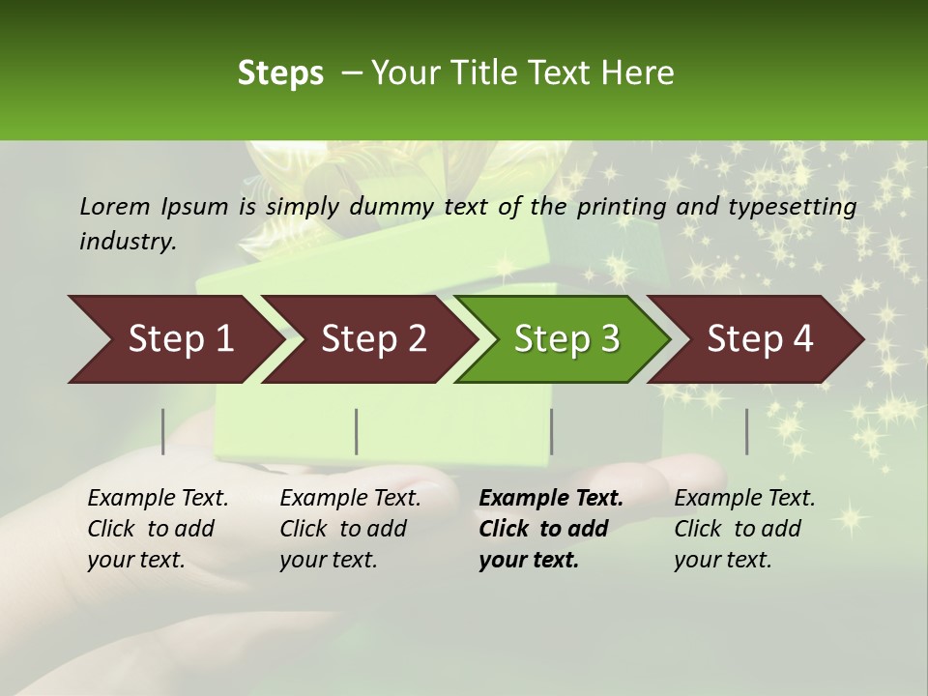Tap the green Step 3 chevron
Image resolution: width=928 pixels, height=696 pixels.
(566, 339)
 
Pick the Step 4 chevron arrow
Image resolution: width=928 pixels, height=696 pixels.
(760, 339)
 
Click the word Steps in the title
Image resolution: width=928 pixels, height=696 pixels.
(280, 73)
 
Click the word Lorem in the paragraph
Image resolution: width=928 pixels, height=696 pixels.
(114, 207)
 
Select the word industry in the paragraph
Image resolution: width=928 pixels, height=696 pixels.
(128, 241)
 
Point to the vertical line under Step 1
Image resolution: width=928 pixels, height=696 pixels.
(163, 431)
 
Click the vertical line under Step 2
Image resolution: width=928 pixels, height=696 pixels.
(357, 431)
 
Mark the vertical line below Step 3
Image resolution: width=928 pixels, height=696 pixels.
(551, 431)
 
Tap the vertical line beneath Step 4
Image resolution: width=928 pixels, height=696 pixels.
(746, 431)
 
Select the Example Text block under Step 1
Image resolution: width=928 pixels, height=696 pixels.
(158, 529)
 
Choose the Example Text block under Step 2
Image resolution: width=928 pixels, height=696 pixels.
(350, 529)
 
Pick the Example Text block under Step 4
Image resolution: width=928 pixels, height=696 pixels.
(744, 529)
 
